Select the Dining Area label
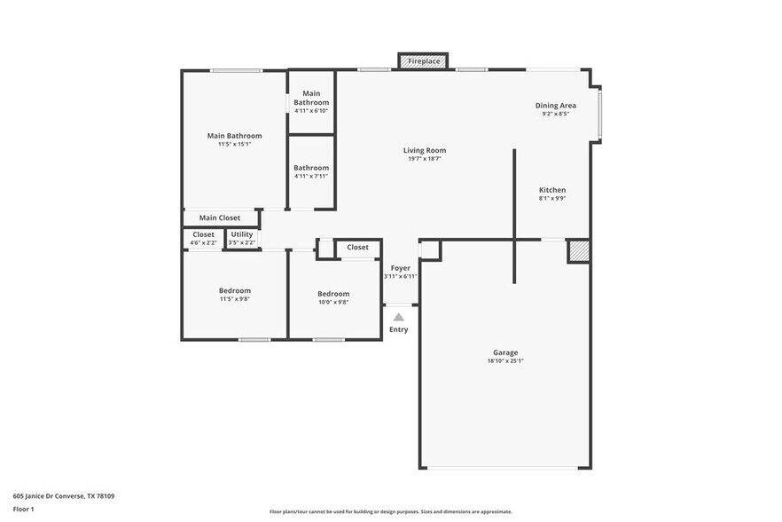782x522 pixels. (555, 106)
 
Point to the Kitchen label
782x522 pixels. (552, 190)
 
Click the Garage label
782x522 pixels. (505, 352)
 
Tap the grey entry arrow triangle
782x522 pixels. (399, 316)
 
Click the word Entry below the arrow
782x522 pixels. (399, 330)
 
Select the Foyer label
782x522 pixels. (401, 267)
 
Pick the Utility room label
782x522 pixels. (241, 234)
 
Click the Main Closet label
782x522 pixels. (219, 217)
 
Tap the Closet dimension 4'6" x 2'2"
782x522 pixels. (203, 242)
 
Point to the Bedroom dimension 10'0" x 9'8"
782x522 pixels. (333, 302)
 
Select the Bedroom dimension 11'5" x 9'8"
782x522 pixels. (235, 298)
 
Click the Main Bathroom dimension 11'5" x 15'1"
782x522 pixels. (235, 144)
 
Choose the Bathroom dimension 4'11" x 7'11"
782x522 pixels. (311, 176)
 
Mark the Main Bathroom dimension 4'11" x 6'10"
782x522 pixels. (311, 110)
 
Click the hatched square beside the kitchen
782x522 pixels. (578, 250)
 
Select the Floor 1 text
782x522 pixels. (23, 510)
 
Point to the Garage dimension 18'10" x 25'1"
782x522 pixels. (505, 360)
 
